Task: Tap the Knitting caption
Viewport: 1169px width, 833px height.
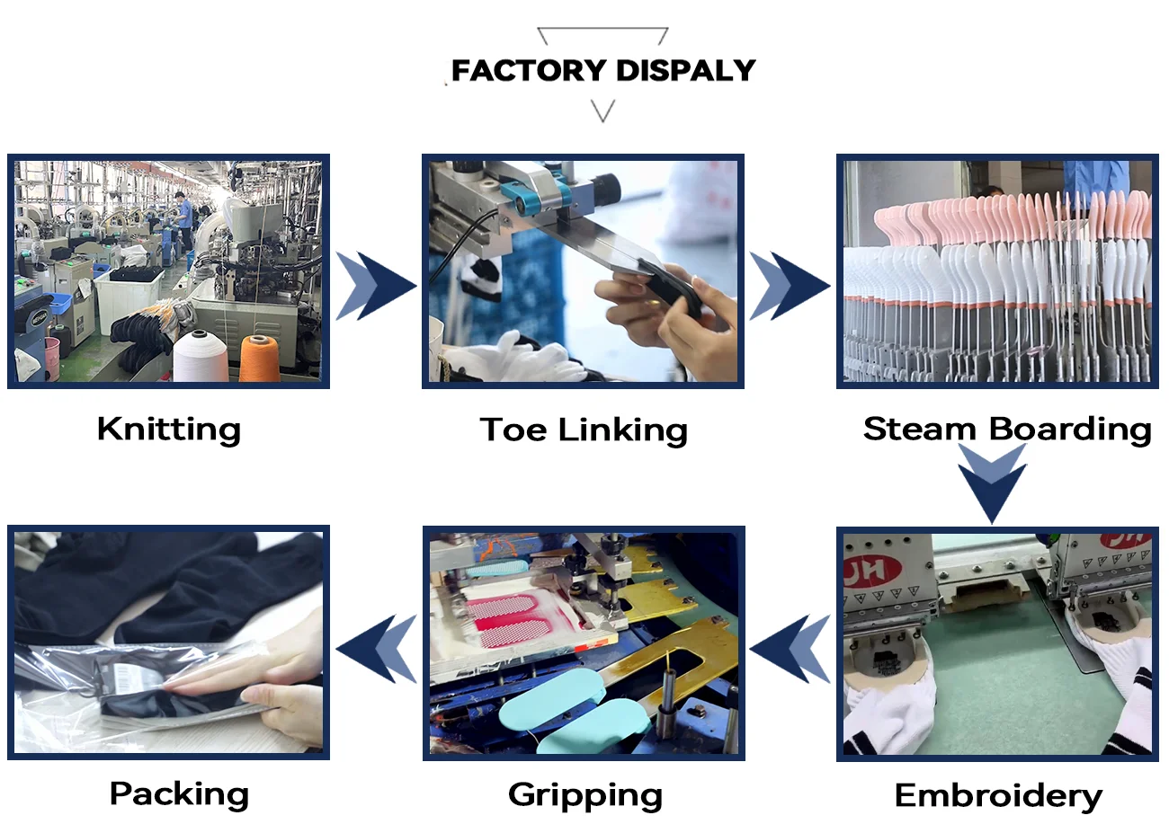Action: coord(169,429)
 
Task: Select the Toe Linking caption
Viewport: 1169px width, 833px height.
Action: coord(584,430)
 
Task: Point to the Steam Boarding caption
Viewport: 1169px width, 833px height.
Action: coord(1007,429)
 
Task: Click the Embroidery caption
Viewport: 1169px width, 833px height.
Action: coord(998,795)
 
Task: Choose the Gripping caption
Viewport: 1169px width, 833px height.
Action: coord(585,794)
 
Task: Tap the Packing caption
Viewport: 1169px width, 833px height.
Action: coord(179,793)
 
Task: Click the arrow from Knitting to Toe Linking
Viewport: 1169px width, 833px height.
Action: coord(375,286)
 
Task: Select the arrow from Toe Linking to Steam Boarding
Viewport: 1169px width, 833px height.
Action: coord(789,286)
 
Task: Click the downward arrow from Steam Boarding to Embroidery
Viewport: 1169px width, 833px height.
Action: coord(992,482)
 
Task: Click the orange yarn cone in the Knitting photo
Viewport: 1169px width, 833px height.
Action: coord(258,359)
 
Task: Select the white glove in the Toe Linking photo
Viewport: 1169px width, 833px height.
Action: coord(531,359)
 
